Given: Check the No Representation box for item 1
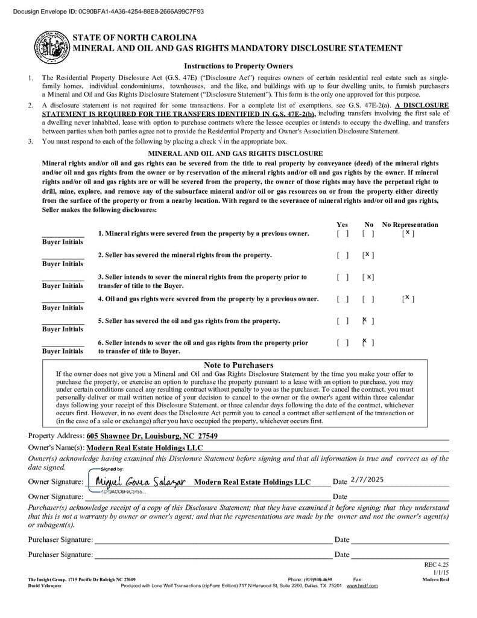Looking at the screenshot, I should click(408, 234).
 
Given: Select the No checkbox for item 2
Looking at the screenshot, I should click(368, 255).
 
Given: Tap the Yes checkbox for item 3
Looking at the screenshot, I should click(343, 277).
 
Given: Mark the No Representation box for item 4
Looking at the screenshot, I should click(408, 299).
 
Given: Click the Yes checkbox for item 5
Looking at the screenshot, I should click(343, 321).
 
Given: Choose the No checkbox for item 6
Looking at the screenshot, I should click(368, 343).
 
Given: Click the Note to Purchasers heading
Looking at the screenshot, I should click(238, 365).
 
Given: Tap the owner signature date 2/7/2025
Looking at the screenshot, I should click(367, 480).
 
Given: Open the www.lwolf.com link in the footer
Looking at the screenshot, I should click(362, 586).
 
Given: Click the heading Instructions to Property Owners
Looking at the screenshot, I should click(238, 66).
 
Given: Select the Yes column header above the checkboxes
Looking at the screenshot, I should click(342, 225).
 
